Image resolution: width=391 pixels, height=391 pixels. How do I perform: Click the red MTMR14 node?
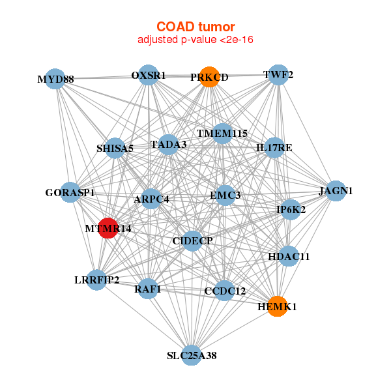point(109,229)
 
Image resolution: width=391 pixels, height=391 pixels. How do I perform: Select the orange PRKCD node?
point(209,77)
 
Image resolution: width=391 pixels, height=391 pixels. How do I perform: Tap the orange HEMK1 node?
point(277,306)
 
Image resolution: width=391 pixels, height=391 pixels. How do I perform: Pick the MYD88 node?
point(55,80)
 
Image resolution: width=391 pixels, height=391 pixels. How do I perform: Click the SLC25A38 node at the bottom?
point(191,355)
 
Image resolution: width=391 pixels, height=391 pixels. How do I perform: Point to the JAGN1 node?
point(336,191)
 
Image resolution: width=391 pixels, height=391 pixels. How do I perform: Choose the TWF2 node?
point(278,75)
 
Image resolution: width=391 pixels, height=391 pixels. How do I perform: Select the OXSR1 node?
point(149,75)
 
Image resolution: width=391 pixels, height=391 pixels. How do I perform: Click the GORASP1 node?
point(70,193)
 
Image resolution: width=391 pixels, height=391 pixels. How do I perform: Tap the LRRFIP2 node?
point(96,280)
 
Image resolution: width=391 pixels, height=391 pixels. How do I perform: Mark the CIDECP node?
point(192,241)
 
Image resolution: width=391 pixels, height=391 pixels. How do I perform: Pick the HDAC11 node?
point(289,256)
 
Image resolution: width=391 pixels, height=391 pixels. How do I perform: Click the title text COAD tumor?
point(195,27)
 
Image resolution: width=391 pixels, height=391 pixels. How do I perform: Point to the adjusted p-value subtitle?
point(195,40)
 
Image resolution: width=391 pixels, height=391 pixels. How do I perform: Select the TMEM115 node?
point(222,134)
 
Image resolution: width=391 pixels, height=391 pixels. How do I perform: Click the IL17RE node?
point(274,148)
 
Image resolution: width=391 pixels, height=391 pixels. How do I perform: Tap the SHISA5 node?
point(115,148)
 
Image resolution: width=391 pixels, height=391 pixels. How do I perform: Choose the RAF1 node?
point(148,288)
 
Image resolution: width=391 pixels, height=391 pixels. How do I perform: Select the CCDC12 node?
point(224,291)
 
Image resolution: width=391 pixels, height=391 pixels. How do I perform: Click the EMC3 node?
point(225,195)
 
